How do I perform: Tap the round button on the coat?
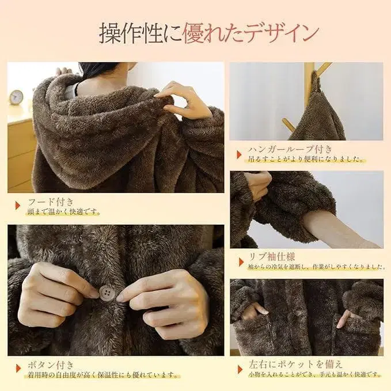(x=107, y=293)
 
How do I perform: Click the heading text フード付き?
(x=51, y=203)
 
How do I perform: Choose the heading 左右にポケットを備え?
(x=296, y=363)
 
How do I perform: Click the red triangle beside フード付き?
(x=17, y=204)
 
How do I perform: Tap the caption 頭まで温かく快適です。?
(x=64, y=212)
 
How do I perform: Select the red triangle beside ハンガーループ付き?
(x=240, y=154)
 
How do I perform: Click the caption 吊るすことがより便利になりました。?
(x=306, y=160)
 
